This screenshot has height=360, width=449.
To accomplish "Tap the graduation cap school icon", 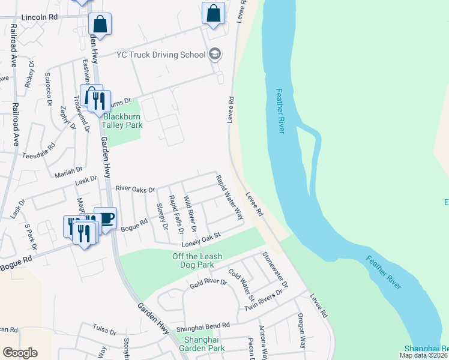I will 215,55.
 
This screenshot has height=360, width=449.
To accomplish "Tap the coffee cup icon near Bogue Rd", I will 106,218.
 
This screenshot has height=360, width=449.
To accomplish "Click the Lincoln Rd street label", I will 39,18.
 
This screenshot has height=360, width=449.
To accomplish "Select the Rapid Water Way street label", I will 229,196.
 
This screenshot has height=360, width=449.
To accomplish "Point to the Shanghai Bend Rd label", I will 203,327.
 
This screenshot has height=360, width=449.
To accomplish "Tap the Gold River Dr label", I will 206,281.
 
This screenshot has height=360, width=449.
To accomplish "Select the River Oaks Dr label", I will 135,188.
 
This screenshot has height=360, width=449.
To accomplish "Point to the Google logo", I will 20,353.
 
